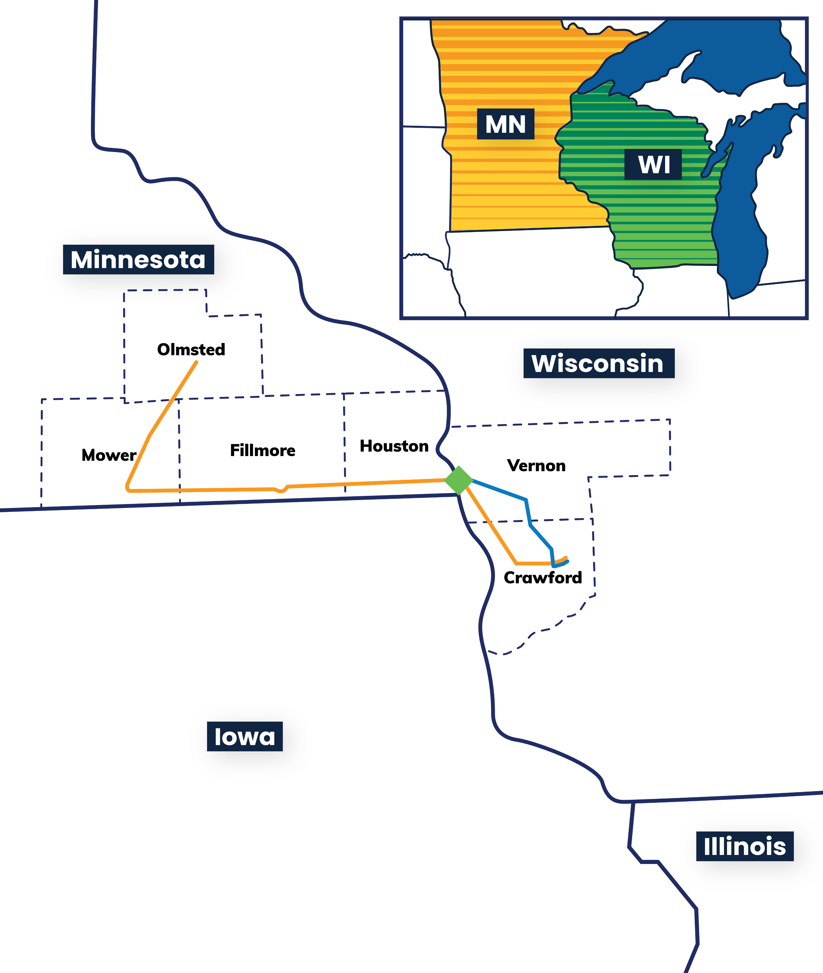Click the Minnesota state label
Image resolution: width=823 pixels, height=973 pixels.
(x=139, y=259)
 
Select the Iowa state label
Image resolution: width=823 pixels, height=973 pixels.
(x=245, y=736)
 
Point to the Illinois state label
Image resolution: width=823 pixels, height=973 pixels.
(x=745, y=846)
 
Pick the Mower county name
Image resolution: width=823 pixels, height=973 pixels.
(x=109, y=455)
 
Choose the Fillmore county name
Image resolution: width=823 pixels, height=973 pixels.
(x=263, y=450)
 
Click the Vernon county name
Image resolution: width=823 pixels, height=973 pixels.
(x=536, y=466)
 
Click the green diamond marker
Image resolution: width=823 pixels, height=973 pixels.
(x=459, y=480)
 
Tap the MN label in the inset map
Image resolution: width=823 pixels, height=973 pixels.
(x=505, y=124)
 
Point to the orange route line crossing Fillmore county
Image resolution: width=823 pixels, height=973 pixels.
(x=233, y=490)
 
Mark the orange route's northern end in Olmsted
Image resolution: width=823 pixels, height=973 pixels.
(x=196, y=362)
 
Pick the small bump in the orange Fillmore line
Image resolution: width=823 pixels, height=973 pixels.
(x=280, y=490)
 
